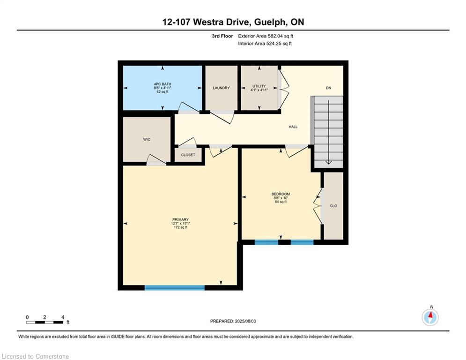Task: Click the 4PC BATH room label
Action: pyautogui.click(x=162, y=84)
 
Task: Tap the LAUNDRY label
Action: pyautogui.click(x=221, y=88)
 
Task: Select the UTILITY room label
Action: pyautogui.click(x=259, y=86)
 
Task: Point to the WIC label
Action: pyautogui.click(x=147, y=140)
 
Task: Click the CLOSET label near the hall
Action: pyautogui.click(x=188, y=155)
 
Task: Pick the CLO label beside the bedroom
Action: pyautogui.click(x=333, y=206)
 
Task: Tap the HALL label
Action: pyautogui.click(x=293, y=127)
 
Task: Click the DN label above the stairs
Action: pyautogui.click(x=328, y=88)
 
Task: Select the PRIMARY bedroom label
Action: pyautogui.click(x=180, y=220)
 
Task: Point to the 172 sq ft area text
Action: pyautogui.click(x=180, y=228)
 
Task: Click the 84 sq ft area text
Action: pyautogui.click(x=281, y=202)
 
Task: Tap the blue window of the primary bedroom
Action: pyautogui.click(x=175, y=288)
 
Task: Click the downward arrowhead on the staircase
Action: pyautogui.click(x=328, y=163)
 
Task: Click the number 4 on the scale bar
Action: pyautogui.click(x=63, y=317)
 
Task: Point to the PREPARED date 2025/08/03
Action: pyautogui.click(x=245, y=321)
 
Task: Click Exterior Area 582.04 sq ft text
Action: pyautogui.click(x=266, y=36)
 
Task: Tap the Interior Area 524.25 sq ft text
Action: pyautogui.click(x=265, y=44)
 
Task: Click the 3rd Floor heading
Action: pyautogui.click(x=222, y=36)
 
